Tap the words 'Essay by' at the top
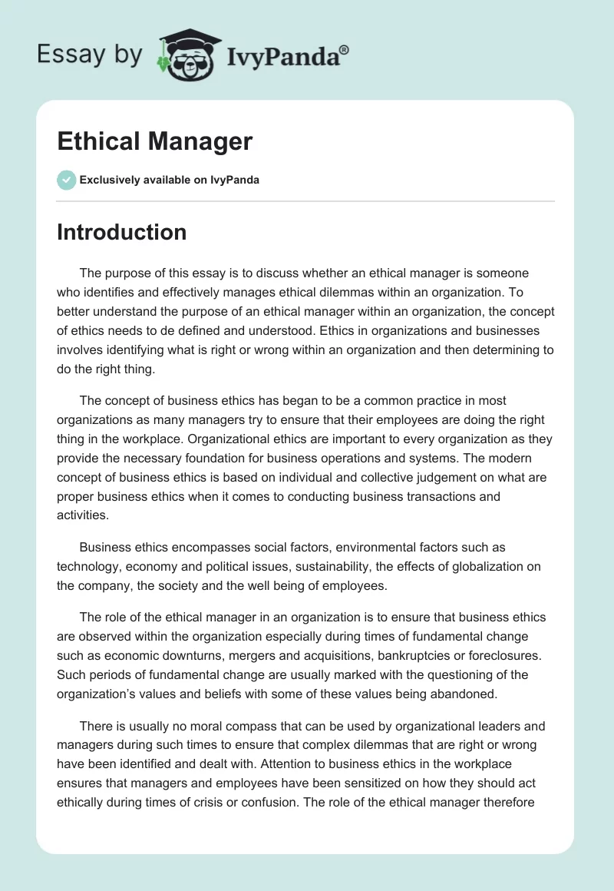coord(90,55)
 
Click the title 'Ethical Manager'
coord(154,141)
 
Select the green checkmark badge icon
coord(66,180)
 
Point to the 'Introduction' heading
coord(121,232)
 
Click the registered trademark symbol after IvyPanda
coord(345,49)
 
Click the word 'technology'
coord(88,567)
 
